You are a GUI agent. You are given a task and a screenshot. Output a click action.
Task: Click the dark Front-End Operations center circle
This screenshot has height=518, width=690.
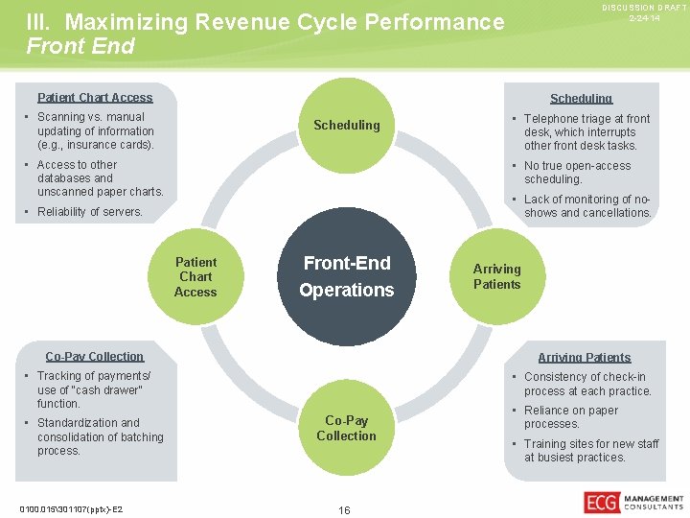[x=346, y=276]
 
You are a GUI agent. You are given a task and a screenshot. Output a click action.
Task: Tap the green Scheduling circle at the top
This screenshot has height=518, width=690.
[x=346, y=125]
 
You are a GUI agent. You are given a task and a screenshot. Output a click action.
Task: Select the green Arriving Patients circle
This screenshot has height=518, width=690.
[x=496, y=276]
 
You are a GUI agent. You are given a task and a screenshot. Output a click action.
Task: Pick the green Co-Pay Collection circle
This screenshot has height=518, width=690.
[x=346, y=428]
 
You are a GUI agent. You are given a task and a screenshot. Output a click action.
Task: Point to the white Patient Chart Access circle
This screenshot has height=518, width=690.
[x=195, y=276]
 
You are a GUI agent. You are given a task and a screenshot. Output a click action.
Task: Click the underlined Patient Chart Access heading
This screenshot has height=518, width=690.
[x=95, y=97]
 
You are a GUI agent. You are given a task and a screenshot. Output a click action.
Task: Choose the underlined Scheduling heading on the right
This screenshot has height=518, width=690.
[x=581, y=98]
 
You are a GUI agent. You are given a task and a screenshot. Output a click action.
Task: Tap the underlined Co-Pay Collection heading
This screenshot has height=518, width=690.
[x=95, y=356]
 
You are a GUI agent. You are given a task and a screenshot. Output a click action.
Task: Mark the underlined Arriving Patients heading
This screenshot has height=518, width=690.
[x=584, y=357]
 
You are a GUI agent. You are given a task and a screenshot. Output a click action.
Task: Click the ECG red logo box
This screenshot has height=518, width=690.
[x=601, y=502]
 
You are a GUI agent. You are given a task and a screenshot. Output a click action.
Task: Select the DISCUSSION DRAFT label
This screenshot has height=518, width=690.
[x=644, y=8]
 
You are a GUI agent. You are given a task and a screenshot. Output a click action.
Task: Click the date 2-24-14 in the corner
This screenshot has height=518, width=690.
[x=644, y=18]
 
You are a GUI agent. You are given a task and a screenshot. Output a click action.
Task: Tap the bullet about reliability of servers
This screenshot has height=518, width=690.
[x=89, y=212]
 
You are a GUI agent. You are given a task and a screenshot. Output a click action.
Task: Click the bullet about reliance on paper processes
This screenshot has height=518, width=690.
[x=570, y=417]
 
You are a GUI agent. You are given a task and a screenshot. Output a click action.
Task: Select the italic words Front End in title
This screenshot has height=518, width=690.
[x=80, y=46]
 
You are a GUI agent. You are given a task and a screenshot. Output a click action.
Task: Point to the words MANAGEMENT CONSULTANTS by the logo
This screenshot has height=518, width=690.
[x=654, y=502]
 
